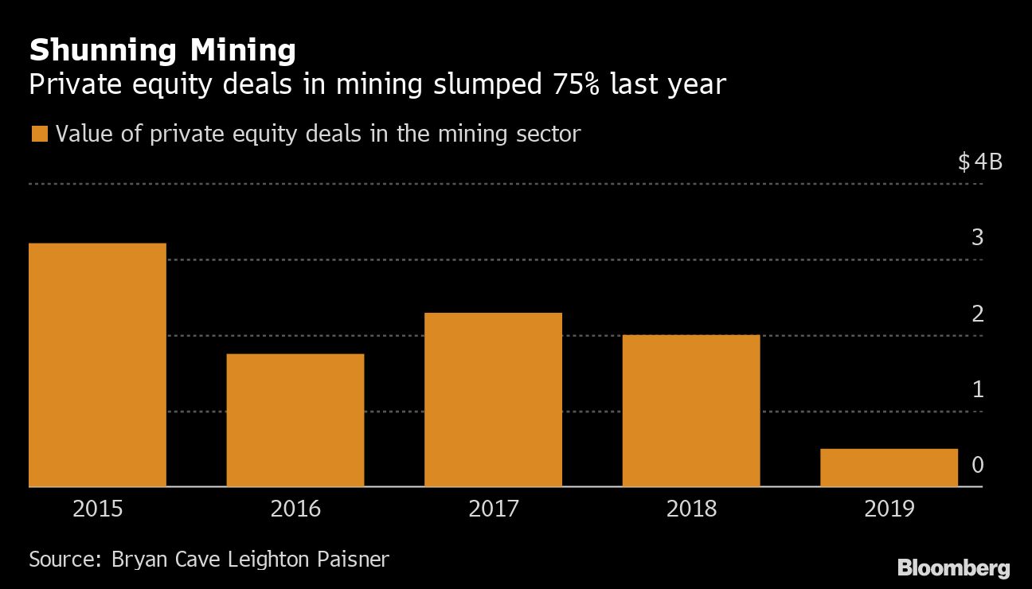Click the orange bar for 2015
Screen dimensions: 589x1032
click(97, 365)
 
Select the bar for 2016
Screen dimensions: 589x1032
click(295, 419)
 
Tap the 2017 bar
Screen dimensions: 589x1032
click(493, 399)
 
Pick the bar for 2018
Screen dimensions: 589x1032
click(690, 410)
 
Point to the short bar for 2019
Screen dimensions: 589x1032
click(889, 467)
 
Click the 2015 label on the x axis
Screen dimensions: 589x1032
click(98, 509)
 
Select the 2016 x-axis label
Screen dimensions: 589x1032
click(295, 509)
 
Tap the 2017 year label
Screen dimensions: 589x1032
click(494, 509)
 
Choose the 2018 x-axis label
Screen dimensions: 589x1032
click(691, 509)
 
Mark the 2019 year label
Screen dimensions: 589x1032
click(889, 509)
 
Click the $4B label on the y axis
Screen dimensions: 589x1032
click(979, 163)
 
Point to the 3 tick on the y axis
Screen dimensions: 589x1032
click(978, 237)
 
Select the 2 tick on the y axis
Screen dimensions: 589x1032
click(978, 314)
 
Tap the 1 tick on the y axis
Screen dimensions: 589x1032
click(978, 389)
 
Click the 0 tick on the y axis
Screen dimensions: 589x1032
click(978, 465)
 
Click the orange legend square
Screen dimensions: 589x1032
click(39, 134)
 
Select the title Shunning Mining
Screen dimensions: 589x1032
click(162, 52)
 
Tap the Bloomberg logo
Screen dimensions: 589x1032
click(953, 568)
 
